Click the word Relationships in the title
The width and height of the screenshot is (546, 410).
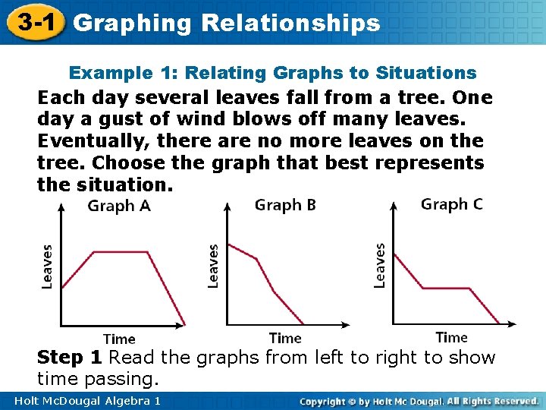click(290, 24)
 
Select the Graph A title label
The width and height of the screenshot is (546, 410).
click(118, 206)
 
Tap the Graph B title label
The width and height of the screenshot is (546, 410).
click(285, 205)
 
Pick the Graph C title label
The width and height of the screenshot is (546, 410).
click(451, 204)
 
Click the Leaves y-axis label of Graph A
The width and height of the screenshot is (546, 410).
click(47, 266)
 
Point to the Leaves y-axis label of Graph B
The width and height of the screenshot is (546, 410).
click(213, 266)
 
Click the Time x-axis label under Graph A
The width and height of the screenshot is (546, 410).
click(119, 339)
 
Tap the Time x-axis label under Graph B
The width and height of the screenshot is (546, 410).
click(285, 338)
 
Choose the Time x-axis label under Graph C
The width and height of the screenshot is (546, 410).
click(451, 337)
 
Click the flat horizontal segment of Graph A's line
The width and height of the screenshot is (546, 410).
click(114, 252)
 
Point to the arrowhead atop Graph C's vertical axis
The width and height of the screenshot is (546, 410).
click(393, 204)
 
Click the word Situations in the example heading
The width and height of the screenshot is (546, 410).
click(432, 73)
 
